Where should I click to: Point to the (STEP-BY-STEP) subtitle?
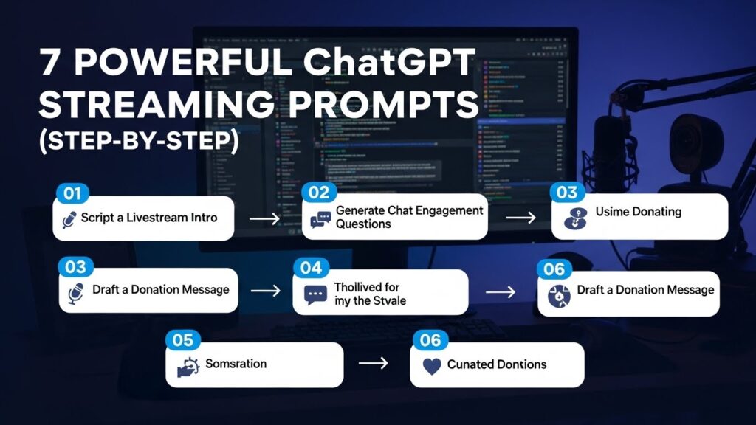pos(139,140)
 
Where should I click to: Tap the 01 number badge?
pos(72,194)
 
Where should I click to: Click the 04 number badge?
pos(311,267)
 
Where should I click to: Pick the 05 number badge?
pos(182,340)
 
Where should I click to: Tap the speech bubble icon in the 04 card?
pos(315,294)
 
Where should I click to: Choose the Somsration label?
pos(236,364)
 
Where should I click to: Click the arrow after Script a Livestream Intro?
pos(265,218)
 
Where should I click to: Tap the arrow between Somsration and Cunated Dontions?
pos(372,364)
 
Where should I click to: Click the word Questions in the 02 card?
pos(363,224)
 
